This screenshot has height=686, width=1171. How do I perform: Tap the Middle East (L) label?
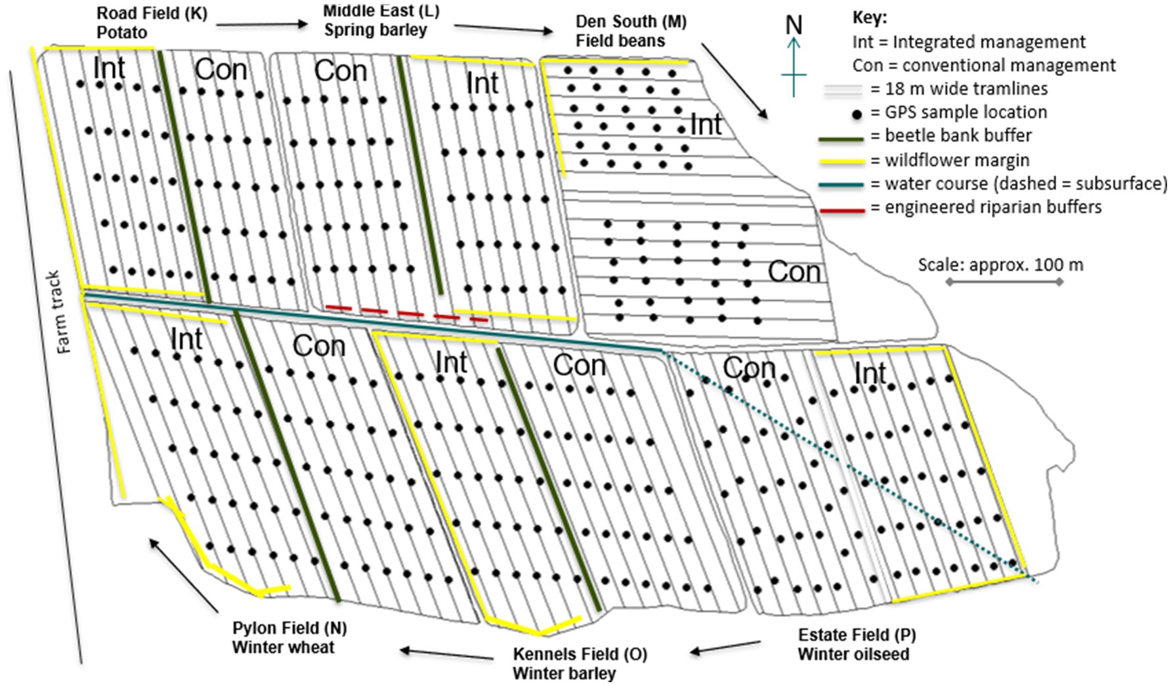[x=381, y=11]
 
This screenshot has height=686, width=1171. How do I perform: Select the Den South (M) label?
[x=631, y=22]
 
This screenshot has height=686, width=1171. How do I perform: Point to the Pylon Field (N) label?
[x=289, y=628]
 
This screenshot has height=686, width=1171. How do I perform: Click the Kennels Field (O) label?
[x=580, y=654]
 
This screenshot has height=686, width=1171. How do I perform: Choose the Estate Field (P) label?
[x=857, y=635]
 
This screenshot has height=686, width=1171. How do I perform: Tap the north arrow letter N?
[x=794, y=25]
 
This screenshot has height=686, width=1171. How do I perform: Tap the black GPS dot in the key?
[x=857, y=116]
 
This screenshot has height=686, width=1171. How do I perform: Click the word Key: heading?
[x=869, y=18]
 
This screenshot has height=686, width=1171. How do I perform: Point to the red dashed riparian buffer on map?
[x=407, y=313]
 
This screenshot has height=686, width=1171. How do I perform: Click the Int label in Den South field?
[x=706, y=125]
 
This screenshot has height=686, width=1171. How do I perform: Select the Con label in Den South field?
[x=794, y=272]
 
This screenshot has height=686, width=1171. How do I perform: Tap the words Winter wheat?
[x=283, y=647]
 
